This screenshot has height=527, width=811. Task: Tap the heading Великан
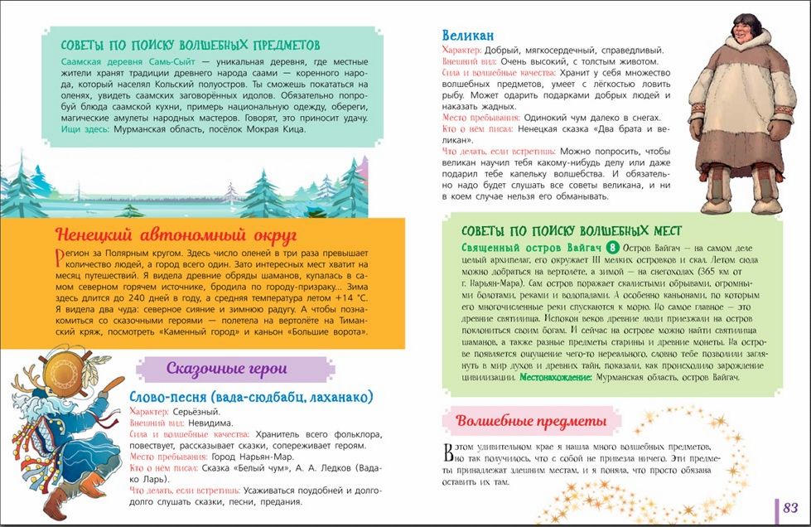(468, 35)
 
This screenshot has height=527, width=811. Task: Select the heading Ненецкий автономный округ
(176, 234)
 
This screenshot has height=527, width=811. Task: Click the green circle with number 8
(612, 248)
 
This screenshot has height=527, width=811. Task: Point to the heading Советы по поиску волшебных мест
(571, 230)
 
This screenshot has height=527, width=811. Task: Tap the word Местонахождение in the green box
(556, 377)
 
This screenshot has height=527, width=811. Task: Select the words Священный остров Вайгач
(530, 248)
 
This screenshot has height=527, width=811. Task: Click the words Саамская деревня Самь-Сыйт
(133, 62)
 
